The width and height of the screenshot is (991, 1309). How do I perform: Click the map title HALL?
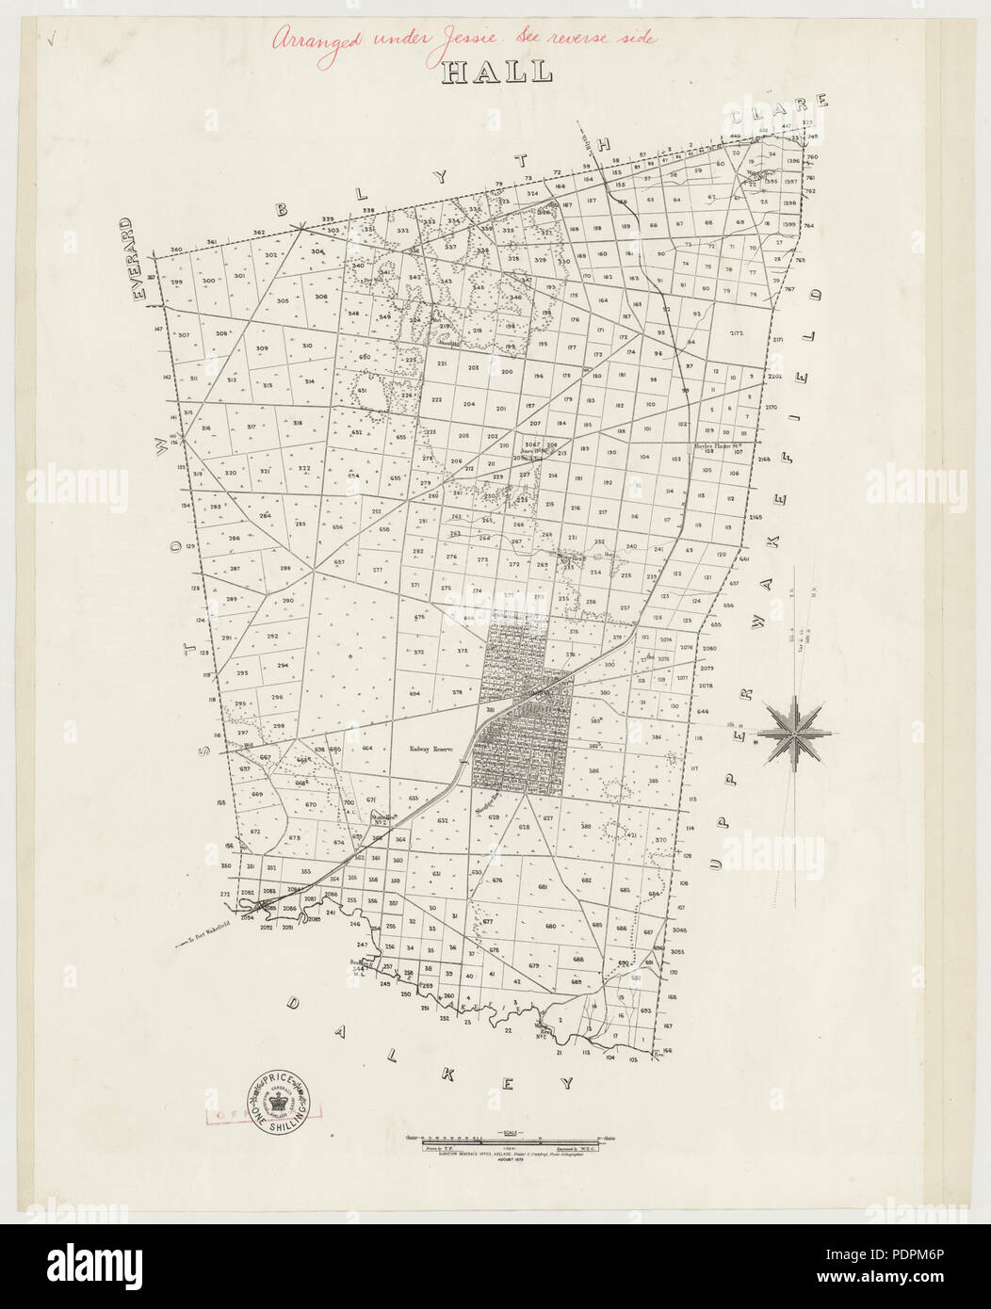tap(497, 73)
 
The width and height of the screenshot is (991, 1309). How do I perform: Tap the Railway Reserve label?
tap(431, 750)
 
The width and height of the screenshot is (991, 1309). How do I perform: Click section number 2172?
tap(737, 334)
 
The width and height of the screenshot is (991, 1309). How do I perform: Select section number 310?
tap(306, 347)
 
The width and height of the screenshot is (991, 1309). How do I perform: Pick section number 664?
tap(367, 748)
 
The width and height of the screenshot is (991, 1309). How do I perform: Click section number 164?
tap(603, 300)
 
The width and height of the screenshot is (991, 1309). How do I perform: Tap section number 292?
tap(272, 637)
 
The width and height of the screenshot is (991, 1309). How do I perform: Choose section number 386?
tap(593, 771)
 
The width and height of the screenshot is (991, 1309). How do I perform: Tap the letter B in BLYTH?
tap(281, 210)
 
